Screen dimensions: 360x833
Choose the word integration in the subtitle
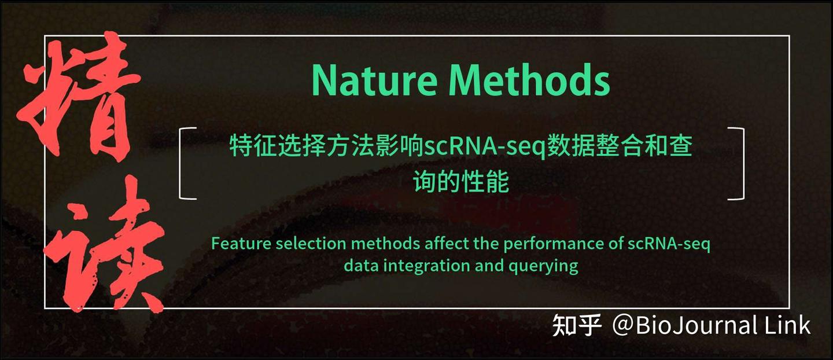(x=419, y=266)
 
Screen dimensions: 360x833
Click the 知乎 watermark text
(x=577, y=325)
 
